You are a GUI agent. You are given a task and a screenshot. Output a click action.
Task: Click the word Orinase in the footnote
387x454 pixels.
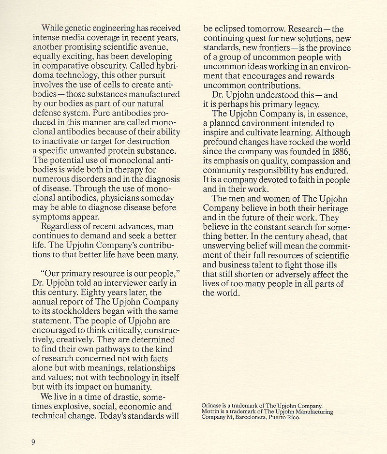point(212,406)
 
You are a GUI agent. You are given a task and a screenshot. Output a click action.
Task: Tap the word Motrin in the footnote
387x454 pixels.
point(211,411)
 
